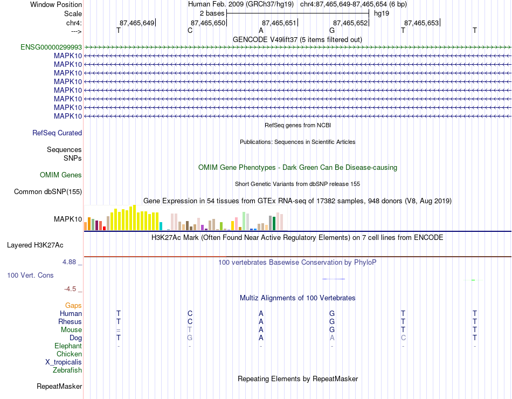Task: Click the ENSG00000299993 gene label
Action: [51, 47]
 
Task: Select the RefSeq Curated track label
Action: [57, 133]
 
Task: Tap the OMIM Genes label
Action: [61, 175]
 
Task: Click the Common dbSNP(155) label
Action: [48, 191]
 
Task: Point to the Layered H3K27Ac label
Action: [35, 245]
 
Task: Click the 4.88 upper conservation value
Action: [69, 262]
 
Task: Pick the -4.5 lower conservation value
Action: [70, 289]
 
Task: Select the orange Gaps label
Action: [73, 305]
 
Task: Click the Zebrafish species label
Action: [67, 370]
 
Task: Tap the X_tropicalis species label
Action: [64, 362]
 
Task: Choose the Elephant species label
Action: [68, 346]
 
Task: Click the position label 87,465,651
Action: [279, 23]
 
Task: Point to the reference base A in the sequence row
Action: [261, 30]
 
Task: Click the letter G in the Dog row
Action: [190, 338]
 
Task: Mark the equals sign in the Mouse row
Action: [119, 330]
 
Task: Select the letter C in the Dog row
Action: [403, 338]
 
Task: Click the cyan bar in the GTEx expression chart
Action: [161, 226]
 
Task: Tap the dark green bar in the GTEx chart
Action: [274, 224]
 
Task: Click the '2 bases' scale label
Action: [212, 13]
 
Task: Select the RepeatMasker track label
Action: [59, 386]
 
